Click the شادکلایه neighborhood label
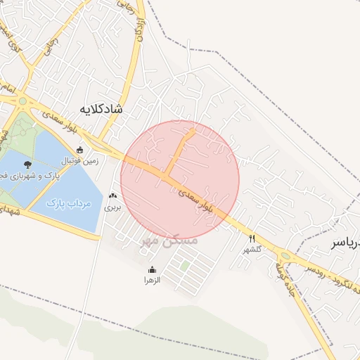click(101, 109)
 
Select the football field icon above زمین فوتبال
click(80, 150)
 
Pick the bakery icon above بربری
click(113, 196)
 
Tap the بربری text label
click(113, 207)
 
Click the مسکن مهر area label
click(169, 240)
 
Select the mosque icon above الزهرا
click(153, 269)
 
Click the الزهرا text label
click(153, 280)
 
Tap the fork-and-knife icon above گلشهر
click(252, 238)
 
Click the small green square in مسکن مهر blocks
click(184, 266)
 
